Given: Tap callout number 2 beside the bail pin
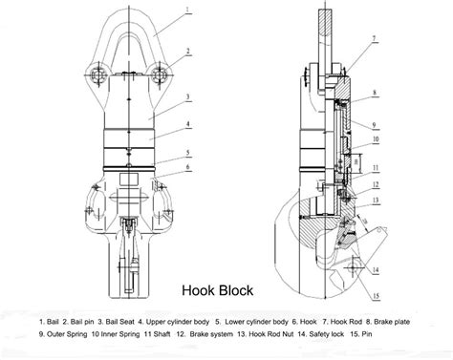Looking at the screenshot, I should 190,51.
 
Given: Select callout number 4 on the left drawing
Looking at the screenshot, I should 190,124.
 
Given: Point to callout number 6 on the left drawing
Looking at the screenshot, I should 190,168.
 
